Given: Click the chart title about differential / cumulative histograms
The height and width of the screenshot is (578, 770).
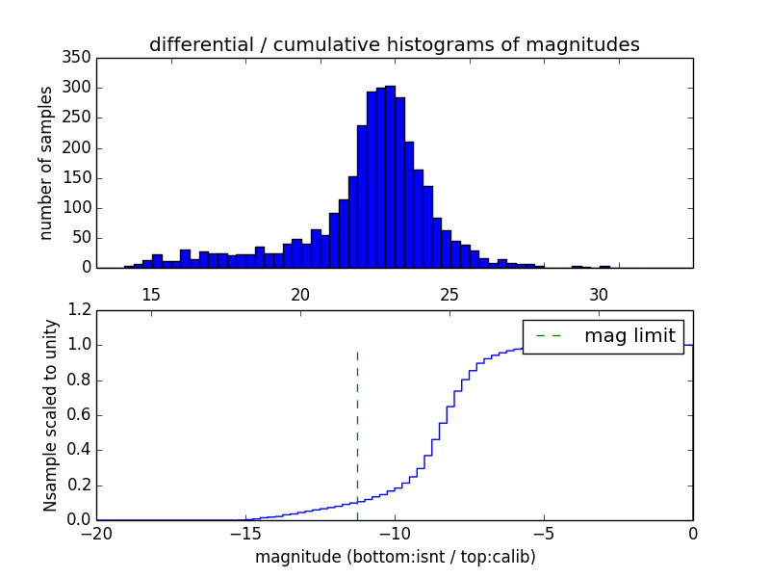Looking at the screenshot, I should click(394, 44).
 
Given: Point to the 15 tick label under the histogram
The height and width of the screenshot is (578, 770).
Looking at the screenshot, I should click(151, 294).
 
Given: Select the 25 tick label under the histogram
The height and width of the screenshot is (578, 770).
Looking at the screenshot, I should click(449, 294).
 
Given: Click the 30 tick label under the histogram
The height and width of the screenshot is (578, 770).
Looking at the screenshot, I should click(599, 294).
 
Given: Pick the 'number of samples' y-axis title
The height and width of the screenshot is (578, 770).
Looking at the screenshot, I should click(46, 163).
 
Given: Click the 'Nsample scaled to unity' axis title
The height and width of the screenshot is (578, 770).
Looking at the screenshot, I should click(50, 415).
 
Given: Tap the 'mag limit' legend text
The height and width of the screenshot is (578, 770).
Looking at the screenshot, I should click(629, 336).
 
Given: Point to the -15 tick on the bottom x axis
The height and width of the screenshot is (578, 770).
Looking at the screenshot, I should click(245, 532).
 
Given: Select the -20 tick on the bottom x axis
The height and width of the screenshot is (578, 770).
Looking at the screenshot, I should click(96, 532).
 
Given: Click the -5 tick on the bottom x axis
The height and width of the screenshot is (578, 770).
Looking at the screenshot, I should click(544, 532).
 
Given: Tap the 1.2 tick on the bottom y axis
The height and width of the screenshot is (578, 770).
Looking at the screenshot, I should click(78, 310).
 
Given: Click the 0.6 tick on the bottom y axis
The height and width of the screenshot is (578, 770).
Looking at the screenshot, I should click(78, 415).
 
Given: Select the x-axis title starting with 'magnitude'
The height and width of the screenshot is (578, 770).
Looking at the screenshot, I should click(395, 556).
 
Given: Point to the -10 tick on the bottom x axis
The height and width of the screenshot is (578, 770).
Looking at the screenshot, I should click(395, 532).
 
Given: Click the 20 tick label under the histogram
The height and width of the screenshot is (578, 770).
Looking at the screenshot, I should click(300, 294).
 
